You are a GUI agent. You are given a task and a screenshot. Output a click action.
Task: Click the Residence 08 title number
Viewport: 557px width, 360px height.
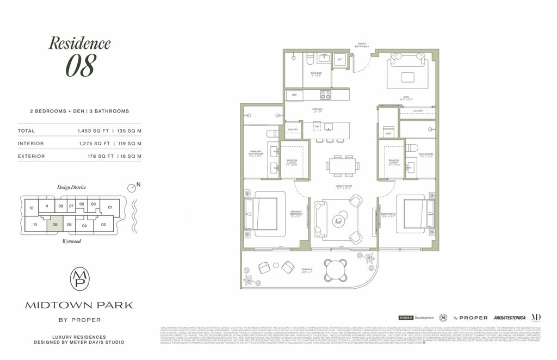pos(81,65)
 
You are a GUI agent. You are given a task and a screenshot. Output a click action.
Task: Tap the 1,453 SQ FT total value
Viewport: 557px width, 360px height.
pos(92,131)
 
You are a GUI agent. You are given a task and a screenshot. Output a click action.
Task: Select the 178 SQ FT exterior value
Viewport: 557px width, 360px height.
pos(92,156)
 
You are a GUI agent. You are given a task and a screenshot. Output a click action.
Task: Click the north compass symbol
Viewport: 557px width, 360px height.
pos(131,188)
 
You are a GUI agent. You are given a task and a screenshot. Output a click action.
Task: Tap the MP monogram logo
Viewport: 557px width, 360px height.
pos(79,279)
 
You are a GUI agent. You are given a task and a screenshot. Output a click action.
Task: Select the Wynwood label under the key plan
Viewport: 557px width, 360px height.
pos(71,241)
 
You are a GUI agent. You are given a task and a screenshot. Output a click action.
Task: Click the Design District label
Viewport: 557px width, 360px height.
pos(71,187)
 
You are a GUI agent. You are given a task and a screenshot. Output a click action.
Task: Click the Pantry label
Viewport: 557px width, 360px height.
pos(293,130)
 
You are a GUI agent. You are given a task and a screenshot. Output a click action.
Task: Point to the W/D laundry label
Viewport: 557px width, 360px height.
pos(388,133)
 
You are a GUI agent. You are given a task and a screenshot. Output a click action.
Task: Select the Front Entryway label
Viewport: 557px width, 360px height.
pos(363,45)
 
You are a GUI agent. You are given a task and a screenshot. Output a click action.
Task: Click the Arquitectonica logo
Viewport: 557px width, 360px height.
pos(509,317)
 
